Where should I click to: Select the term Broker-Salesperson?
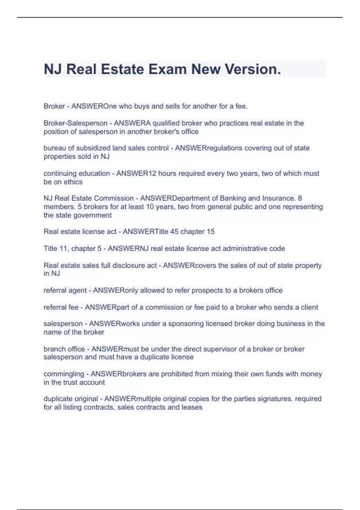pyautogui.click(x=75, y=123)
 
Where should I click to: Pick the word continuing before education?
pyautogui.click(x=61, y=173)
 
